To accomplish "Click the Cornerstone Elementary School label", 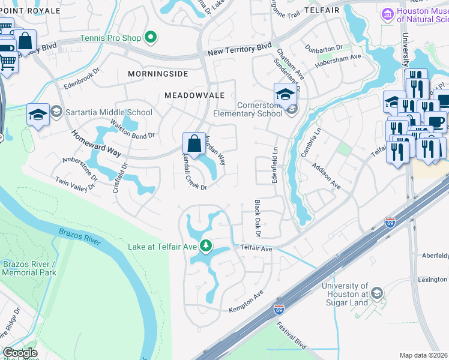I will point(247,109).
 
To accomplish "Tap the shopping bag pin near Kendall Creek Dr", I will point(194,144).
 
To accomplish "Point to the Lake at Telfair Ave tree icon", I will point(205,246).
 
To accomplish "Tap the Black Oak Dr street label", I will point(258,218).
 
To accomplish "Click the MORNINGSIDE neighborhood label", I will point(158,74).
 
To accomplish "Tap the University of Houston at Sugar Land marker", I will point(377,293).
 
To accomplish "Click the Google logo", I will point(20,353).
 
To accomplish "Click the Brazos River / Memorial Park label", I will point(29,268).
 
